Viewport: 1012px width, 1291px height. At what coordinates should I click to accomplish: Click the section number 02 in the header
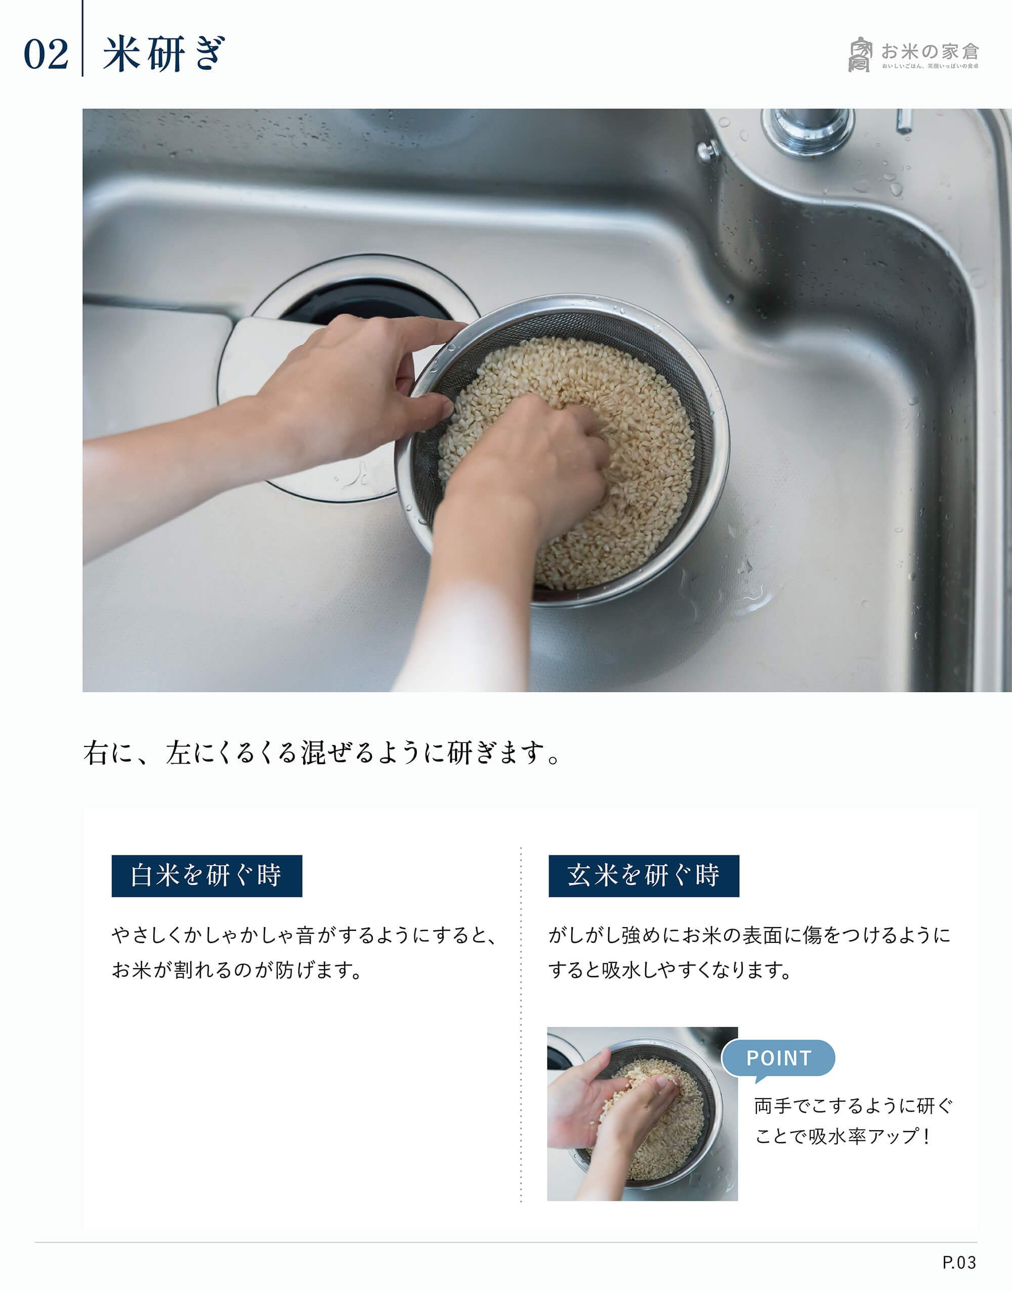pyautogui.click(x=46, y=55)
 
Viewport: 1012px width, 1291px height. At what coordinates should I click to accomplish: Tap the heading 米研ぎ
pyautogui.click(x=163, y=54)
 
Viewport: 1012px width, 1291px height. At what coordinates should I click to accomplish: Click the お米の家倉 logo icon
pyautogui.click(x=860, y=55)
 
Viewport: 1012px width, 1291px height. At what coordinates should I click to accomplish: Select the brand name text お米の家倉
pyautogui.click(x=930, y=52)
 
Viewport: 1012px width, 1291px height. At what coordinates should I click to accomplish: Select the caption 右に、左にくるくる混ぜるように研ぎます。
pyautogui.click(x=323, y=753)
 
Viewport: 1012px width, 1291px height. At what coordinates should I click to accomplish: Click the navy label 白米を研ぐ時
pyautogui.click(x=207, y=876)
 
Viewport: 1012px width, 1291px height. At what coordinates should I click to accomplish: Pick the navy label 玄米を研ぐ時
pyautogui.click(x=644, y=876)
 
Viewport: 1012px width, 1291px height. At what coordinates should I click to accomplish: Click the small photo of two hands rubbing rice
pyautogui.click(x=642, y=1114)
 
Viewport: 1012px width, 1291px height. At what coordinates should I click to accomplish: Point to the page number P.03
pyautogui.click(x=959, y=1263)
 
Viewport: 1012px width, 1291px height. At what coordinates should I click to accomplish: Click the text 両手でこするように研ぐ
pyautogui.click(x=853, y=1106)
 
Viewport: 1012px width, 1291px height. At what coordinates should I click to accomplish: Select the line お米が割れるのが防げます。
pyautogui.click(x=237, y=970)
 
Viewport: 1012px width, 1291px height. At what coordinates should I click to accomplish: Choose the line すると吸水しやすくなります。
pyautogui.click(x=670, y=970)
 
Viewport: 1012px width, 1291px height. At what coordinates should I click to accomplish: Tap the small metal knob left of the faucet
pyautogui.click(x=707, y=151)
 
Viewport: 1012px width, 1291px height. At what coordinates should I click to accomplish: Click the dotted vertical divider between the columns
pyautogui.click(x=521, y=1024)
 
